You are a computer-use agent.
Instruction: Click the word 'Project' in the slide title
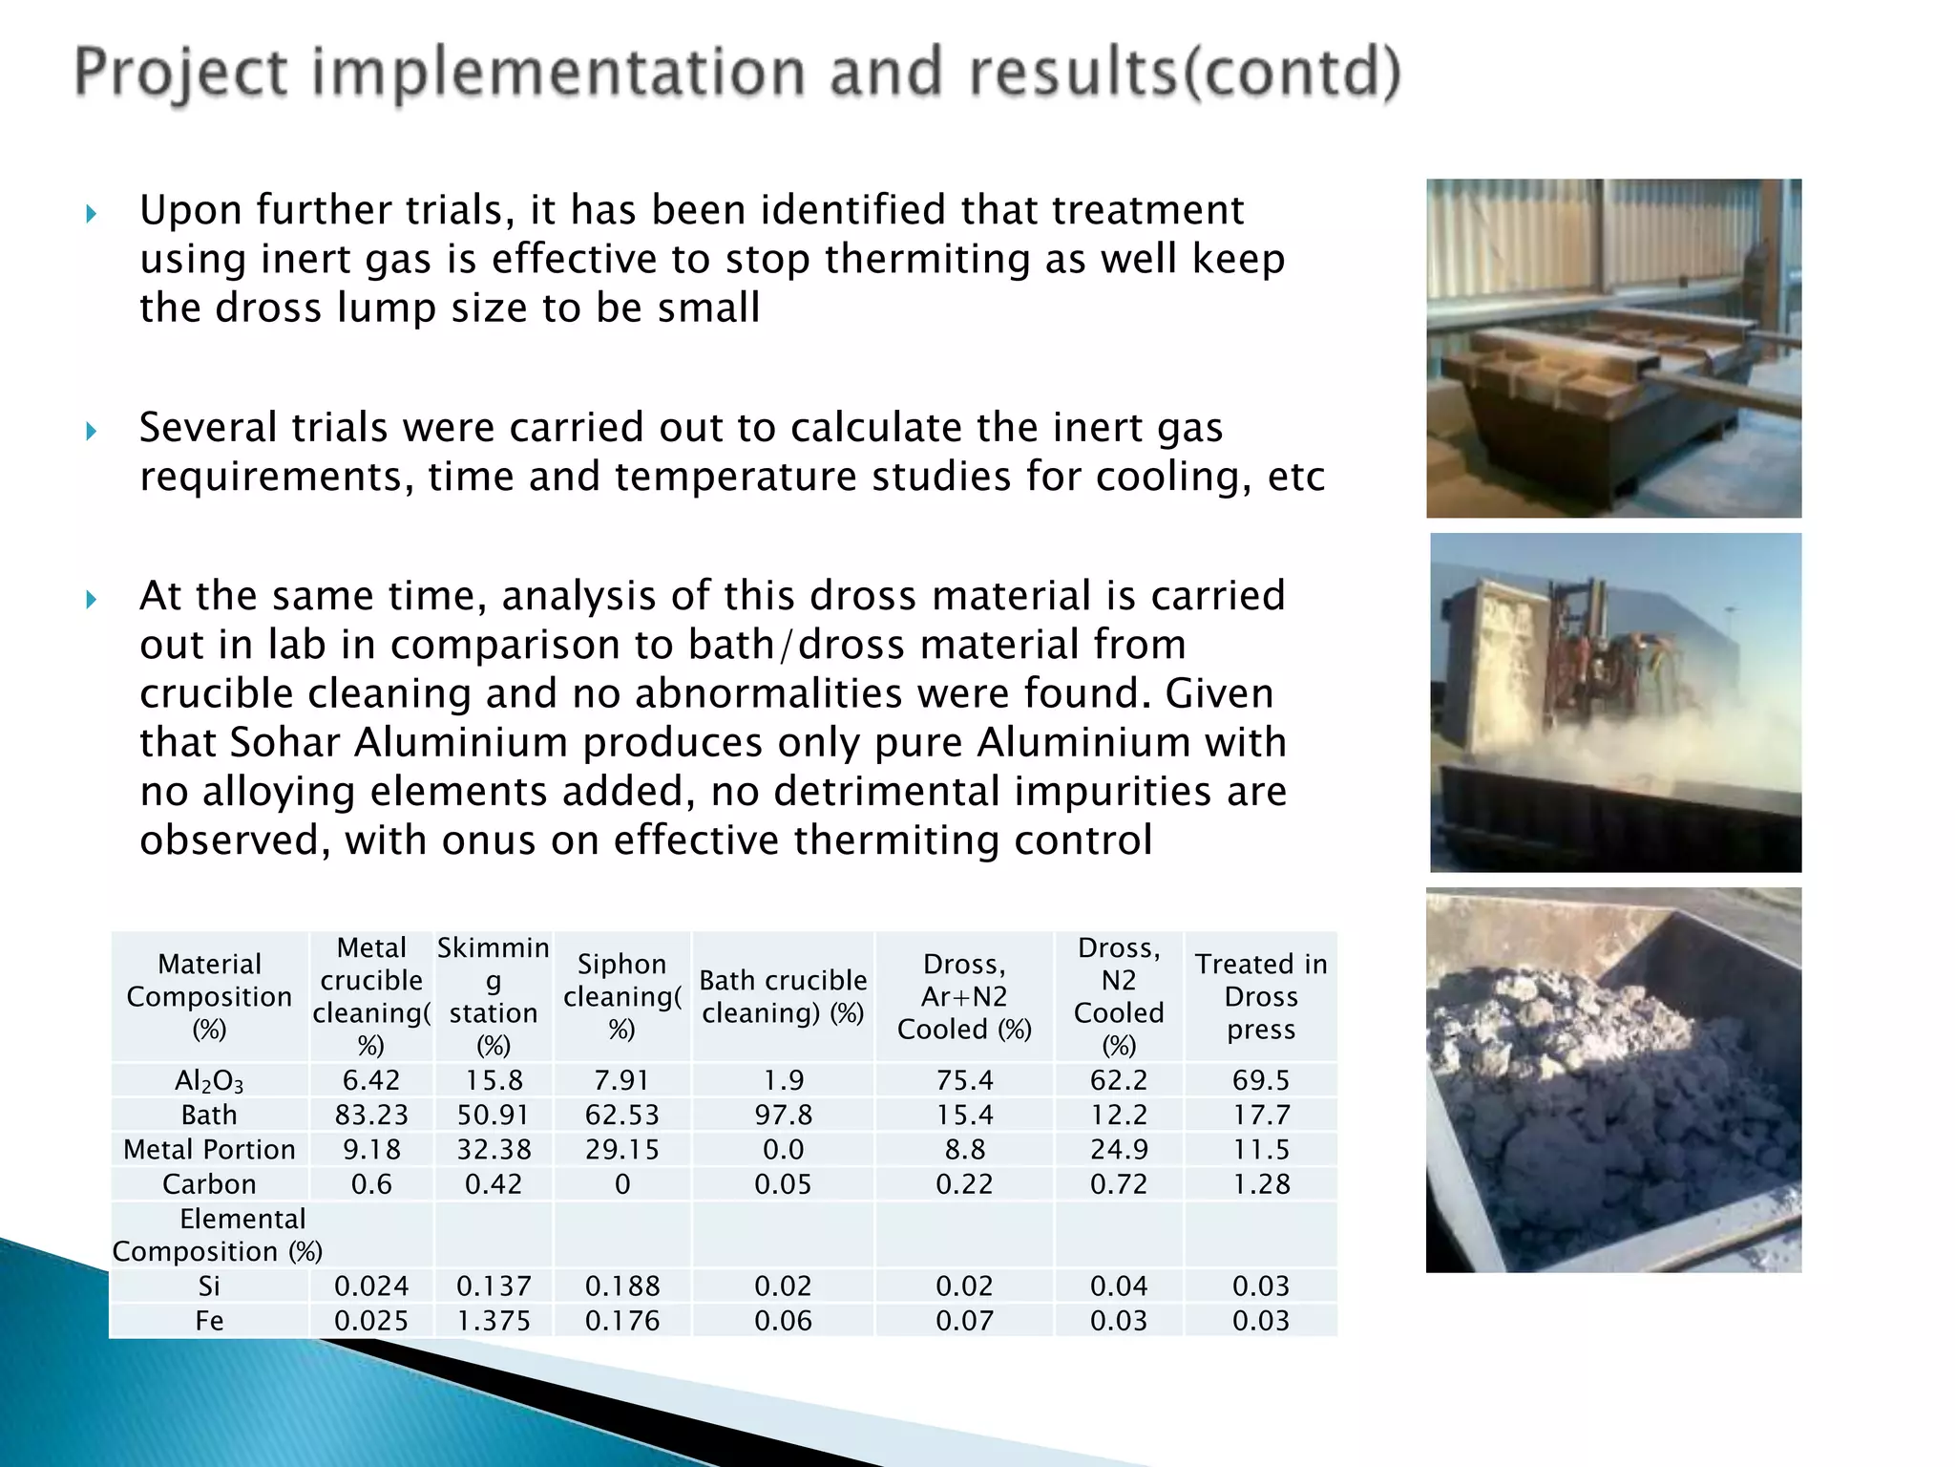coord(180,74)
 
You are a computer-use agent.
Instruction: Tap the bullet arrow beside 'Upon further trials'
coord(92,213)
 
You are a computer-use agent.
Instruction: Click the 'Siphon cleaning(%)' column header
coord(621,996)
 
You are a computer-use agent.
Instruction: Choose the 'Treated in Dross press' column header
coord(1260,996)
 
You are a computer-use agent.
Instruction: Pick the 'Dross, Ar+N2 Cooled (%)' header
coord(964,996)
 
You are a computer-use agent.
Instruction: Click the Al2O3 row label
coord(209,1080)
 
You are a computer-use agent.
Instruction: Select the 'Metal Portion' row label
coord(209,1149)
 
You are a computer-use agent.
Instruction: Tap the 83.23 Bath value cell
coord(371,1115)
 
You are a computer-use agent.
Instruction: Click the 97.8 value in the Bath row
coord(783,1115)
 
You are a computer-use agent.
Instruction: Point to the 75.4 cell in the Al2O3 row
coord(964,1080)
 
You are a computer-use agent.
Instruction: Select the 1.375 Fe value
coord(493,1321)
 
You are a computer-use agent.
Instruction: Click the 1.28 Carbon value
coord(1260,1184)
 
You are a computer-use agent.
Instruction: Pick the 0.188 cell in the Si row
coord(621,1286)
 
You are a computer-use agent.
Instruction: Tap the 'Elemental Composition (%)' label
coord(218,1235)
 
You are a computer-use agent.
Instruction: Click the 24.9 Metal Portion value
coord(1119,1149)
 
